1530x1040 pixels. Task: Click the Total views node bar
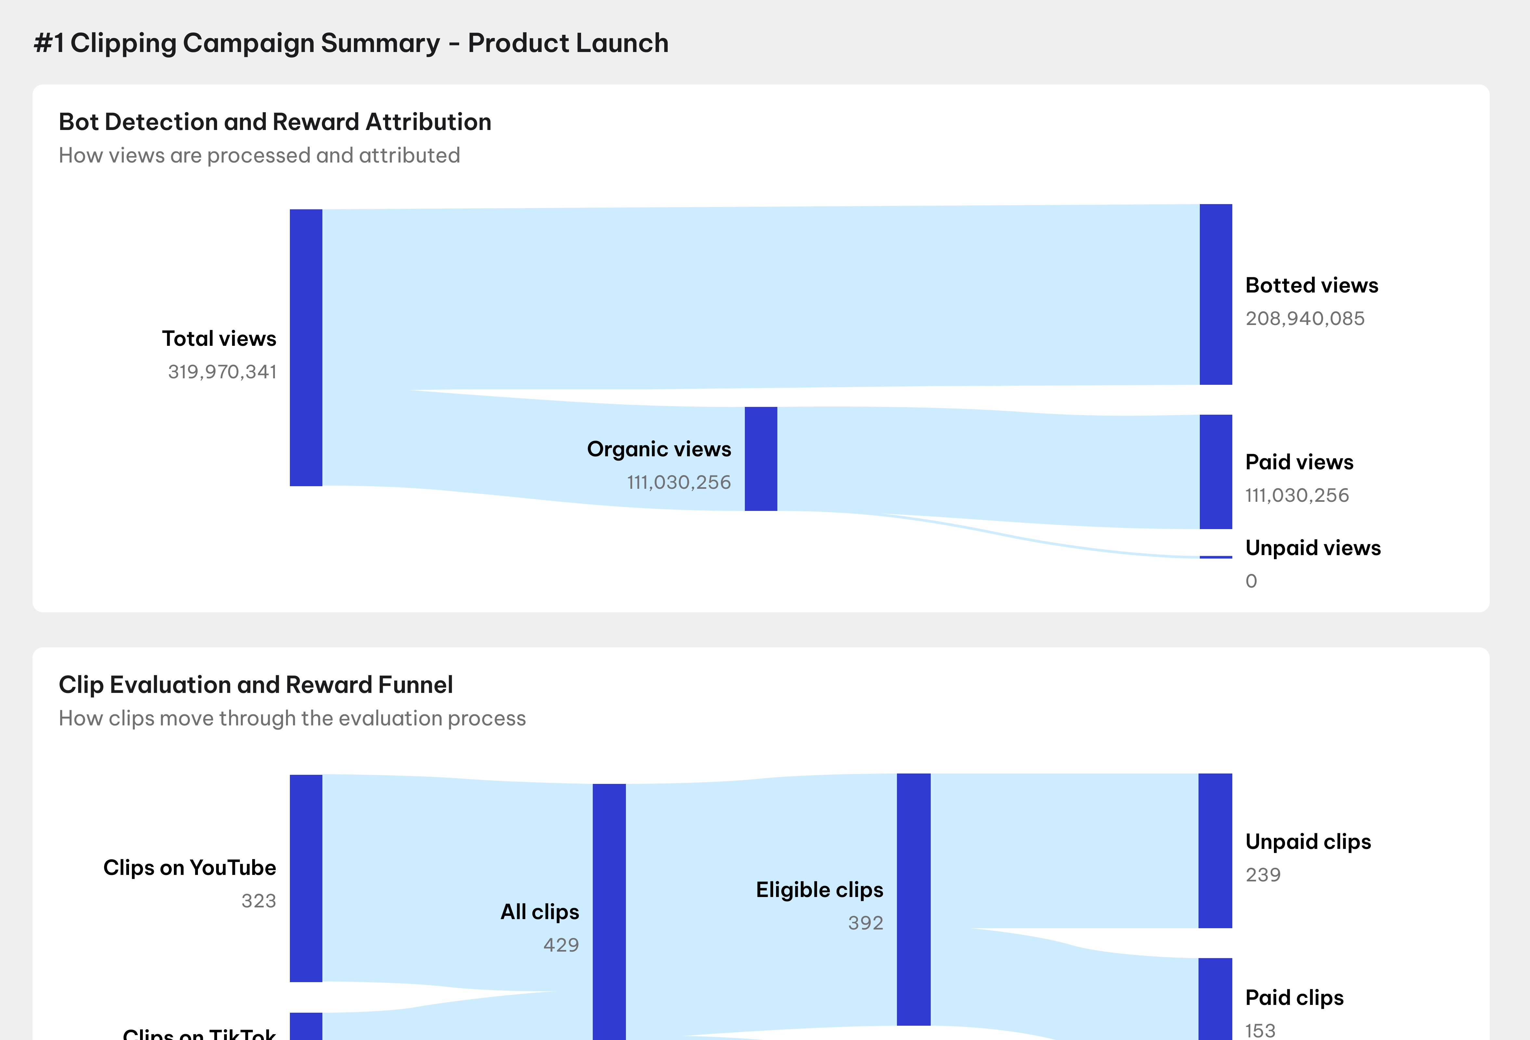pyautogui.click(x=306, y=347)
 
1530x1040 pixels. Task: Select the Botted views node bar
pyautogui.click(x=1215, y=294)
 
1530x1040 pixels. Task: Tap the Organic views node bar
pyautogui.click(x=760, y=459)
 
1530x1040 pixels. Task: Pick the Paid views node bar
pyautogui.click(x=1215, y=471)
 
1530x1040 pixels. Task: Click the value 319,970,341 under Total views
pyautogui.click(x=223, y=372)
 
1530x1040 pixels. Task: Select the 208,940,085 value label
pyautogui.click(x=1305, y=318)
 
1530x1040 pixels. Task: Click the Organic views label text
pyautogui.click(x=659, y=449)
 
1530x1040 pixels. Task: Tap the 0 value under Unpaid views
pyautogui.click(x=1251, y=581)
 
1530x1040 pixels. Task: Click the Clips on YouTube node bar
pyautogui.click(x=306, y=878)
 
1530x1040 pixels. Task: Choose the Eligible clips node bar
pyautogui.click(x=913, y=899)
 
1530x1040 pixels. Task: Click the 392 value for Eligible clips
pyautogui.click(x=865, y=923)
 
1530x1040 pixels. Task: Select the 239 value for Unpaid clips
pyautogui.click(x=1263, y=875)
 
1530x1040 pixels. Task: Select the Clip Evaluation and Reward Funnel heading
pyautogui.click(x=255, y=684)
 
